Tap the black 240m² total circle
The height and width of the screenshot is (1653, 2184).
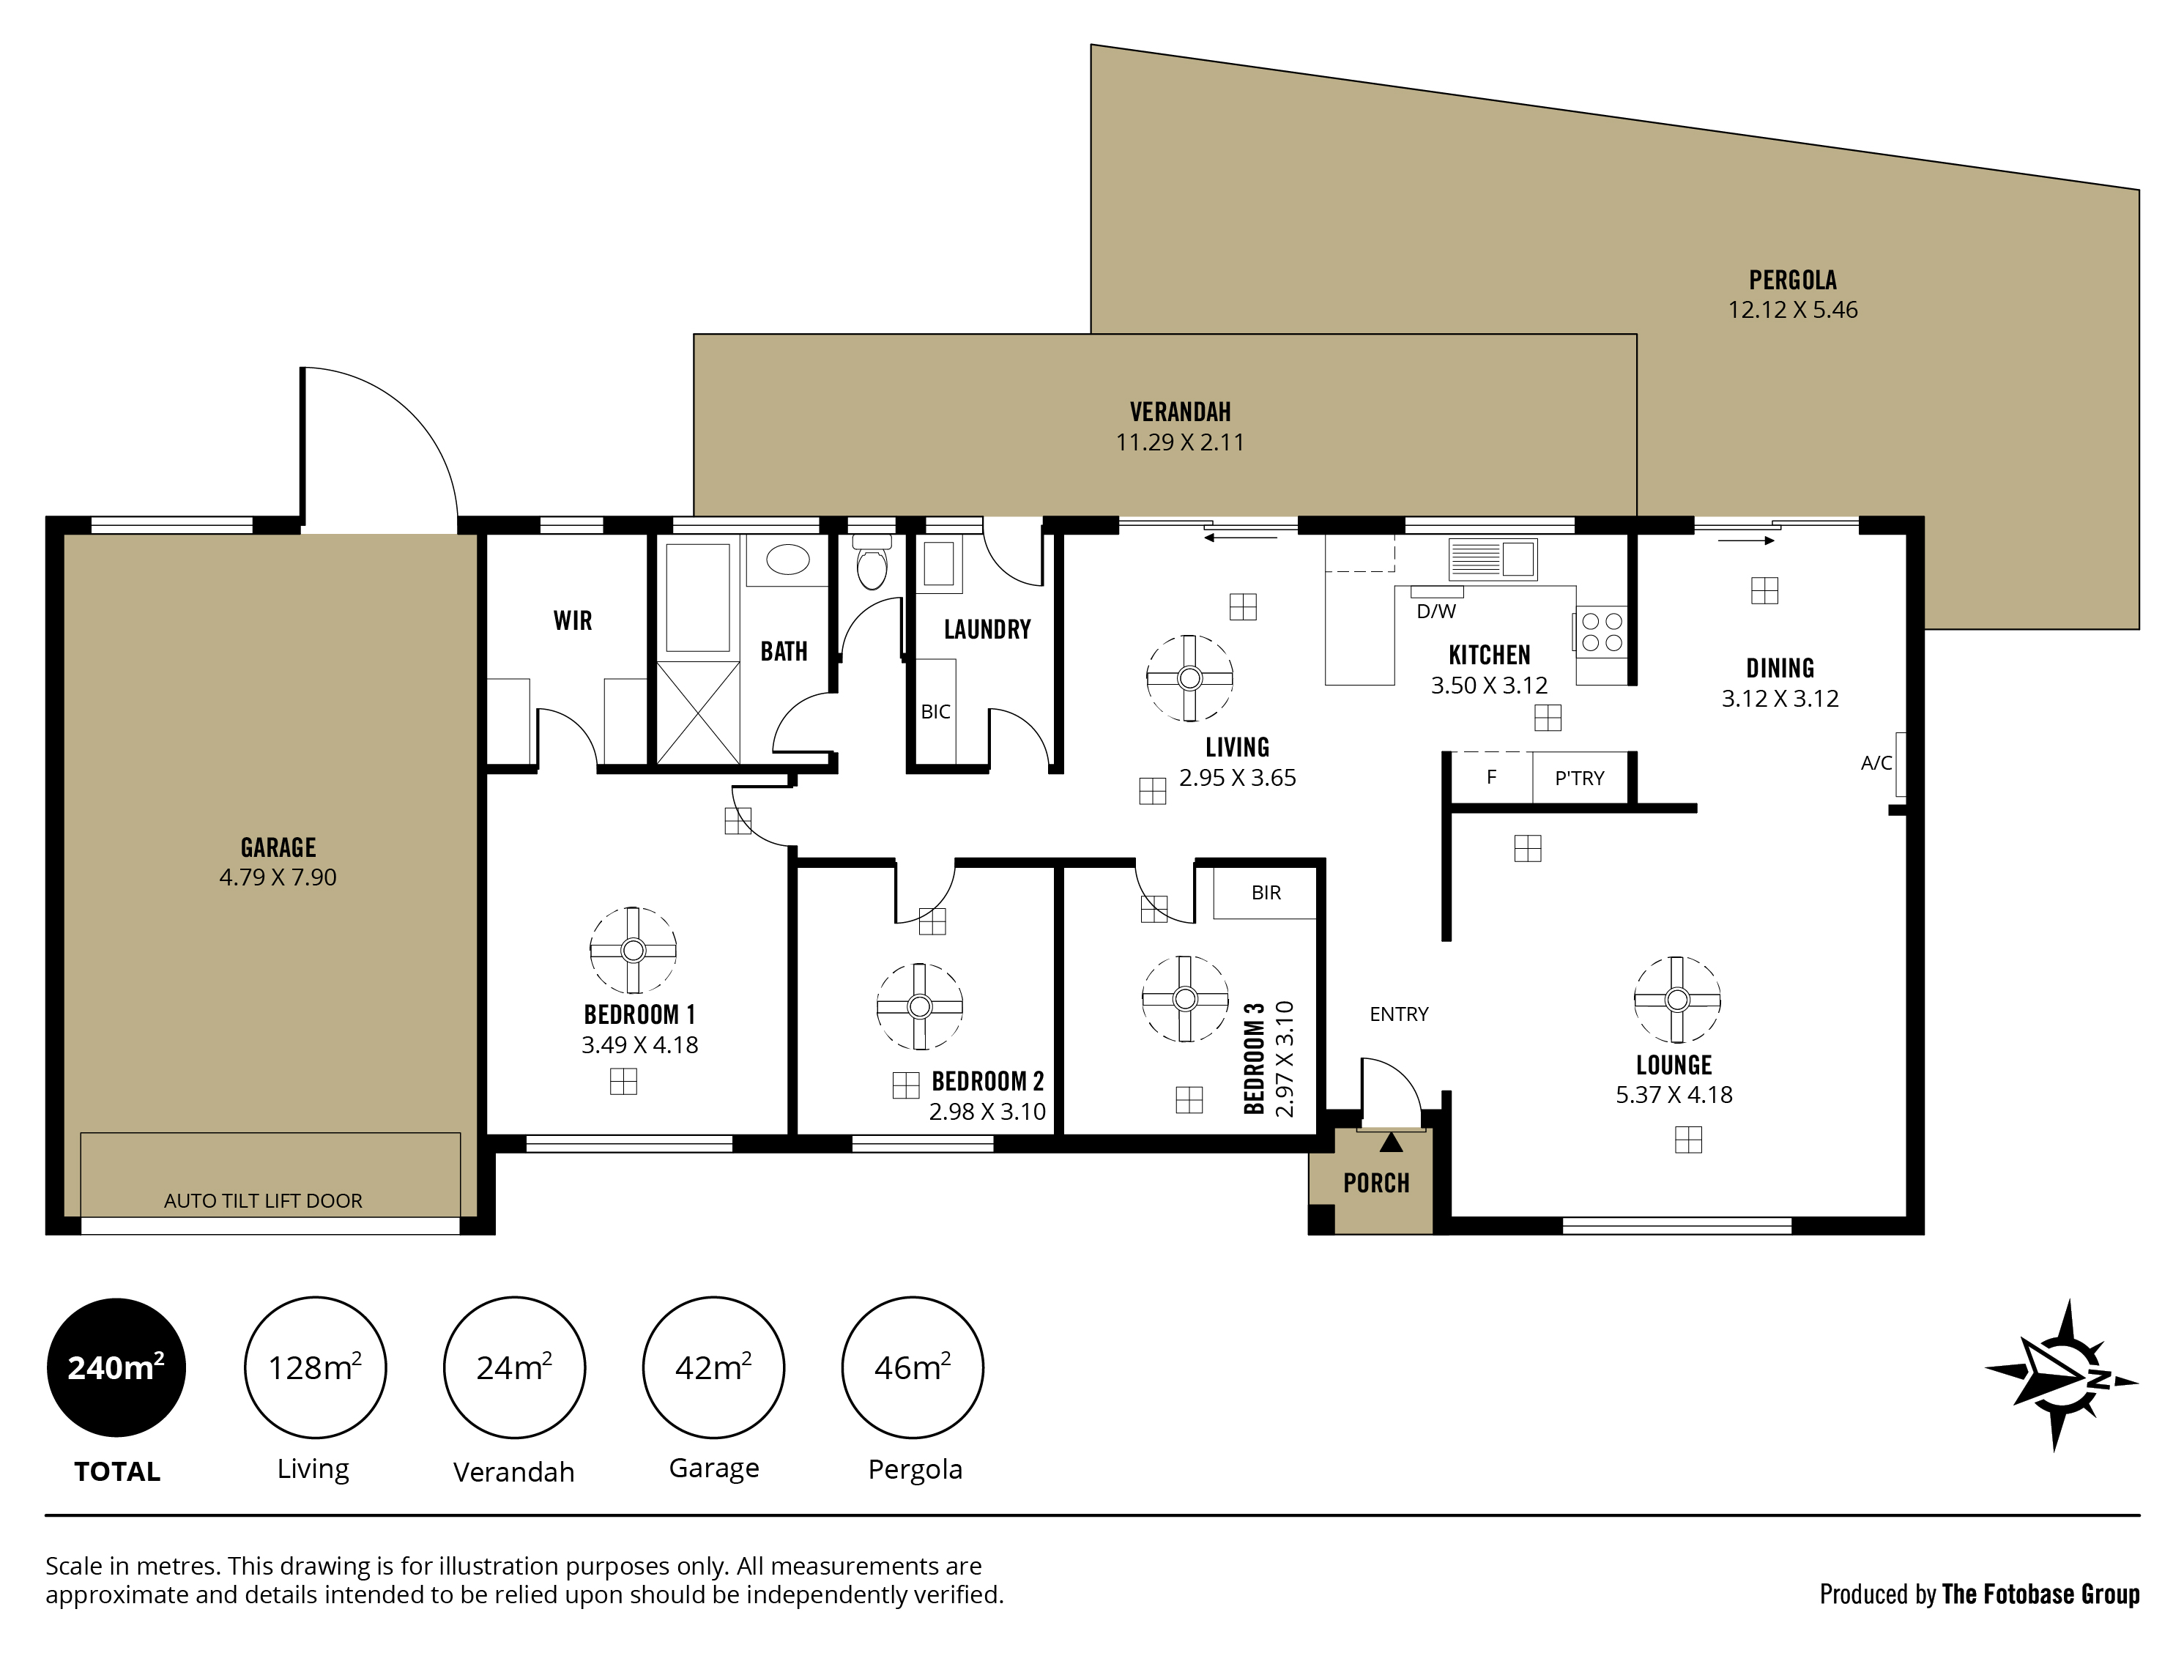[116, 1367]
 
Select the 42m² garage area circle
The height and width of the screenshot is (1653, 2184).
[714, 1367]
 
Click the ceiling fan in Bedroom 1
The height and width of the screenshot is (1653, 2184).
[633, 950]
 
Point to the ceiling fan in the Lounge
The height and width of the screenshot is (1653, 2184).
[1676, 999]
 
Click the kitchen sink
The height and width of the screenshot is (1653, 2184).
[1493, 559]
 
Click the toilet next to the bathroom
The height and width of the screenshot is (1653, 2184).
[872, 563]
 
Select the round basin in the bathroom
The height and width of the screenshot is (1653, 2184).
[787, 560]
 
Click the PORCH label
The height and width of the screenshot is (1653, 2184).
[1376, 1183]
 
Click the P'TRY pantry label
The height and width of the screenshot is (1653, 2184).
[1580, 778]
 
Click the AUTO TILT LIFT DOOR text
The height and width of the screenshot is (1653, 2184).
[263, 1200]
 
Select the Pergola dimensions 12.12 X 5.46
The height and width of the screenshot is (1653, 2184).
[1793, 310]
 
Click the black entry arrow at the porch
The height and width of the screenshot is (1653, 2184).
[1391, 1143]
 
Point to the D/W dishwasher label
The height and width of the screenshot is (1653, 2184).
[1436, 612]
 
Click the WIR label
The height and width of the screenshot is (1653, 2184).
[573, 620]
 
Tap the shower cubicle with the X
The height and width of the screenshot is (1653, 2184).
[698, 712]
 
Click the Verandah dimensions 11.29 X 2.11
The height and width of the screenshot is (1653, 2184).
[1180, 442]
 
